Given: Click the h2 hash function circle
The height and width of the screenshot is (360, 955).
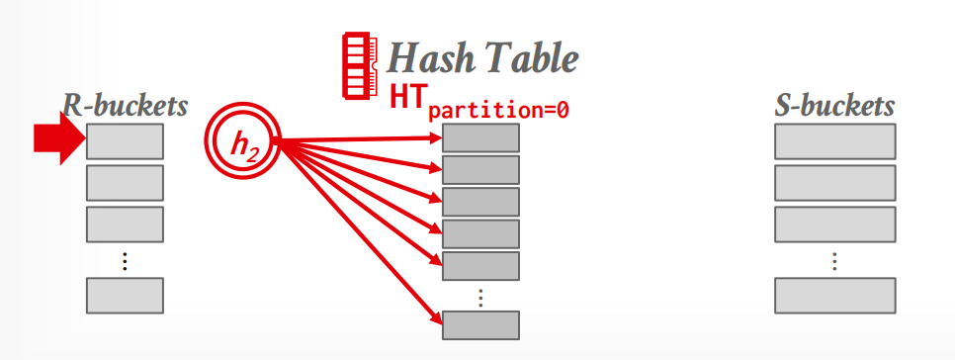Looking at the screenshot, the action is pyautogui.click(x=242, y=140).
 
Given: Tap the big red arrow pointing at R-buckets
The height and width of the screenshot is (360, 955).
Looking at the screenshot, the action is pyautogui.click(x=59, y=138).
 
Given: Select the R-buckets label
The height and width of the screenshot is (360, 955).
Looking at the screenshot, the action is pyautogui.click(x=126, y=106).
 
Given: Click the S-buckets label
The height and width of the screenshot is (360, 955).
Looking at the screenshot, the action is pyautogui.click(x=834, y=106).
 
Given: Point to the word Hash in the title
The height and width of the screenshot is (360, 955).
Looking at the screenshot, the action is pyautogui.click(x=427, y=59).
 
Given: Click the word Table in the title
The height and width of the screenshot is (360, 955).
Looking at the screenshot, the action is pyautogui.click(x=526, y=59).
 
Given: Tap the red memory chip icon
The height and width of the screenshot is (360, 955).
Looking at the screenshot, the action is pyautogui.click(x=361, y=66).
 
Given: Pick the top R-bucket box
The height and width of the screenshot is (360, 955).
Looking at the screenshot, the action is pyautogui.click(x=125, y=141).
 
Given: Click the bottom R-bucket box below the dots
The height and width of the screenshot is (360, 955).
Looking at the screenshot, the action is pyautogui.click(x=125, y=296).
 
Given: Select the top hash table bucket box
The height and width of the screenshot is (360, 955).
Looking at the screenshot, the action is pyautogui.click(x=480, y=137).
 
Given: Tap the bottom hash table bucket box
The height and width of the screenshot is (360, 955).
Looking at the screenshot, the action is pyautogui.click(x=480, y=325).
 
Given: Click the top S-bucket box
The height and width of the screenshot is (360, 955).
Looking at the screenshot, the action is pyautogui.click(x=835, y=141).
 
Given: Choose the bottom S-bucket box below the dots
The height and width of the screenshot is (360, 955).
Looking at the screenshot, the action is pyautogui.click(x=835, y=296).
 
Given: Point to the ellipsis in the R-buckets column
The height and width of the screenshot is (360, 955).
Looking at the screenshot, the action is pyautogui.click(x=125, y=261).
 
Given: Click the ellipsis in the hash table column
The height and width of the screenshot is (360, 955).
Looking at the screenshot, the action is pyautogui.click(x=480, y=298).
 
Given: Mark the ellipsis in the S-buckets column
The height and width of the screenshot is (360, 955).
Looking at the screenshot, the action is pyautogui.click(x=835, y=261).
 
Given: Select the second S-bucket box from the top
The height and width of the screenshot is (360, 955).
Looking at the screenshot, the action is pyautogui.click(x=835, y=183).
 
